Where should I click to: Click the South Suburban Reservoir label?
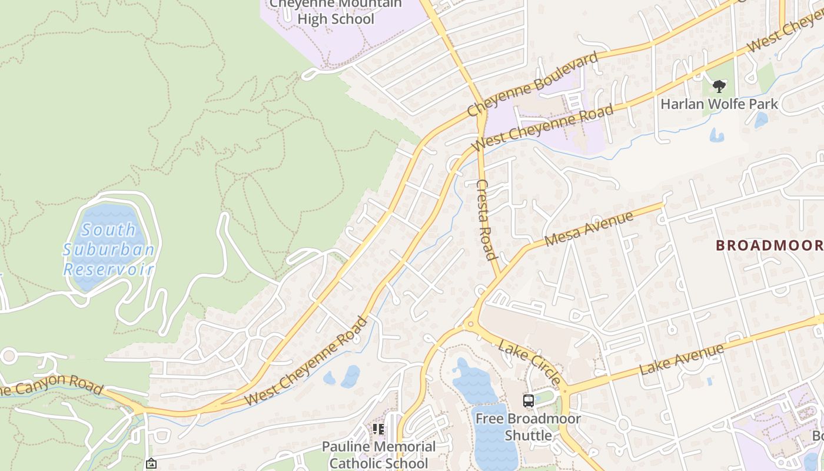click(109, 250)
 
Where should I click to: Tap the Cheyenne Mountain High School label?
click(335, 11)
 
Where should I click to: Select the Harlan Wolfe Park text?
click(719, 104)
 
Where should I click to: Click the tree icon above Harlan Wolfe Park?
click(719, 87)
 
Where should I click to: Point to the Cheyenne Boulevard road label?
click(533, 84)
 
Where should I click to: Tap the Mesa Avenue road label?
click(589, 229)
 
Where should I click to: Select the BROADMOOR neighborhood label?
click(769, 246)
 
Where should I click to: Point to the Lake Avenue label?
click(681, 360)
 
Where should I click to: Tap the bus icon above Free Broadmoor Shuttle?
click(529, 401)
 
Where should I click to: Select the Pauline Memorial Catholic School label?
click(378, 455)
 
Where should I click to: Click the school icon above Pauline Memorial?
click(378, 429)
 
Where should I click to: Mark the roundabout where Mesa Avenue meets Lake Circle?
click(470, 323)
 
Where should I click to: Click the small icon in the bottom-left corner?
click(151, 464)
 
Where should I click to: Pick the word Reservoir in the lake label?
click(109, 270)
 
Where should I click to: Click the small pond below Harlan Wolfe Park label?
click(716, 136)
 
